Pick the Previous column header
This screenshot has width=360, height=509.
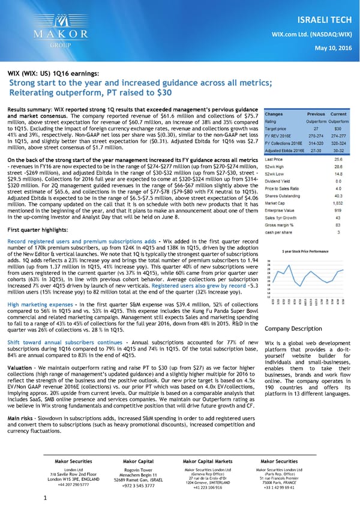[x=316, y=114]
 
